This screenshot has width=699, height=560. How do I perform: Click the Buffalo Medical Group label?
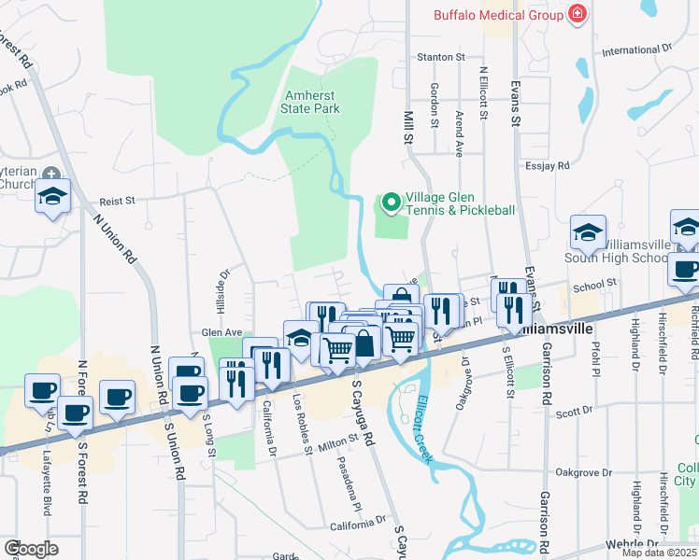point(497,14)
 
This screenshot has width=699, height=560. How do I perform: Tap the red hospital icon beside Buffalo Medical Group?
point(578,14)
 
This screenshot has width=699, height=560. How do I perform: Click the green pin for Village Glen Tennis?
point(391,203)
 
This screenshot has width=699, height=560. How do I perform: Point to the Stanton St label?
point(441,57)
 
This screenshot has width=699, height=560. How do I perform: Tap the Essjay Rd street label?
point(548,166)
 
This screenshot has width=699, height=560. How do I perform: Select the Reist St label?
point(118,200)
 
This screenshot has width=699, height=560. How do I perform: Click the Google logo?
point(31,549)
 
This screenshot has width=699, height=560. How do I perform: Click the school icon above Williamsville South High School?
point(589,232)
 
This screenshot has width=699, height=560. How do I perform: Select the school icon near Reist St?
point(52,197)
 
